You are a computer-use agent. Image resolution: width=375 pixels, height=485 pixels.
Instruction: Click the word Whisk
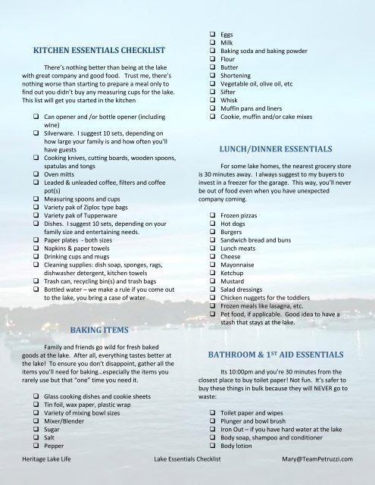click(x=231, y=108)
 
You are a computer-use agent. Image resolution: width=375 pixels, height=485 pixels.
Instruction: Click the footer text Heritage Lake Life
click(x=50, y=459)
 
